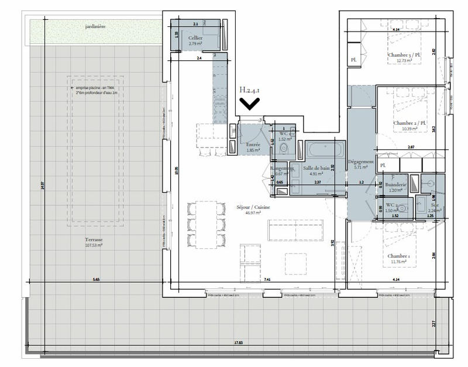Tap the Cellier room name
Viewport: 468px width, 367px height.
click(195, 37)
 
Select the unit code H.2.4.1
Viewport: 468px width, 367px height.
click(250, 90)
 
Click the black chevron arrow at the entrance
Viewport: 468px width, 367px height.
click(250, 104)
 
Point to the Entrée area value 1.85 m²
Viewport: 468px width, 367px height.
click(253, 150)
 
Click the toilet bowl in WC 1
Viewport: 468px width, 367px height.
click(284, 149)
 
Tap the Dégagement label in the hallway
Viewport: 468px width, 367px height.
click(361, 161)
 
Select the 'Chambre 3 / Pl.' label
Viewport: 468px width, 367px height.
click(402, 55)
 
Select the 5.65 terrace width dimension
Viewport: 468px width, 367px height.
click(96, 280)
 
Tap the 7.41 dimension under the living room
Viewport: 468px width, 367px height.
click(267, 280)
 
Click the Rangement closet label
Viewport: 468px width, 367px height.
click(281, 168)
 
